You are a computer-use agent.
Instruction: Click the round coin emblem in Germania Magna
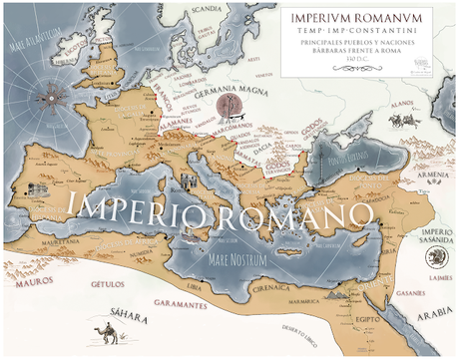[x=230, y=107]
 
